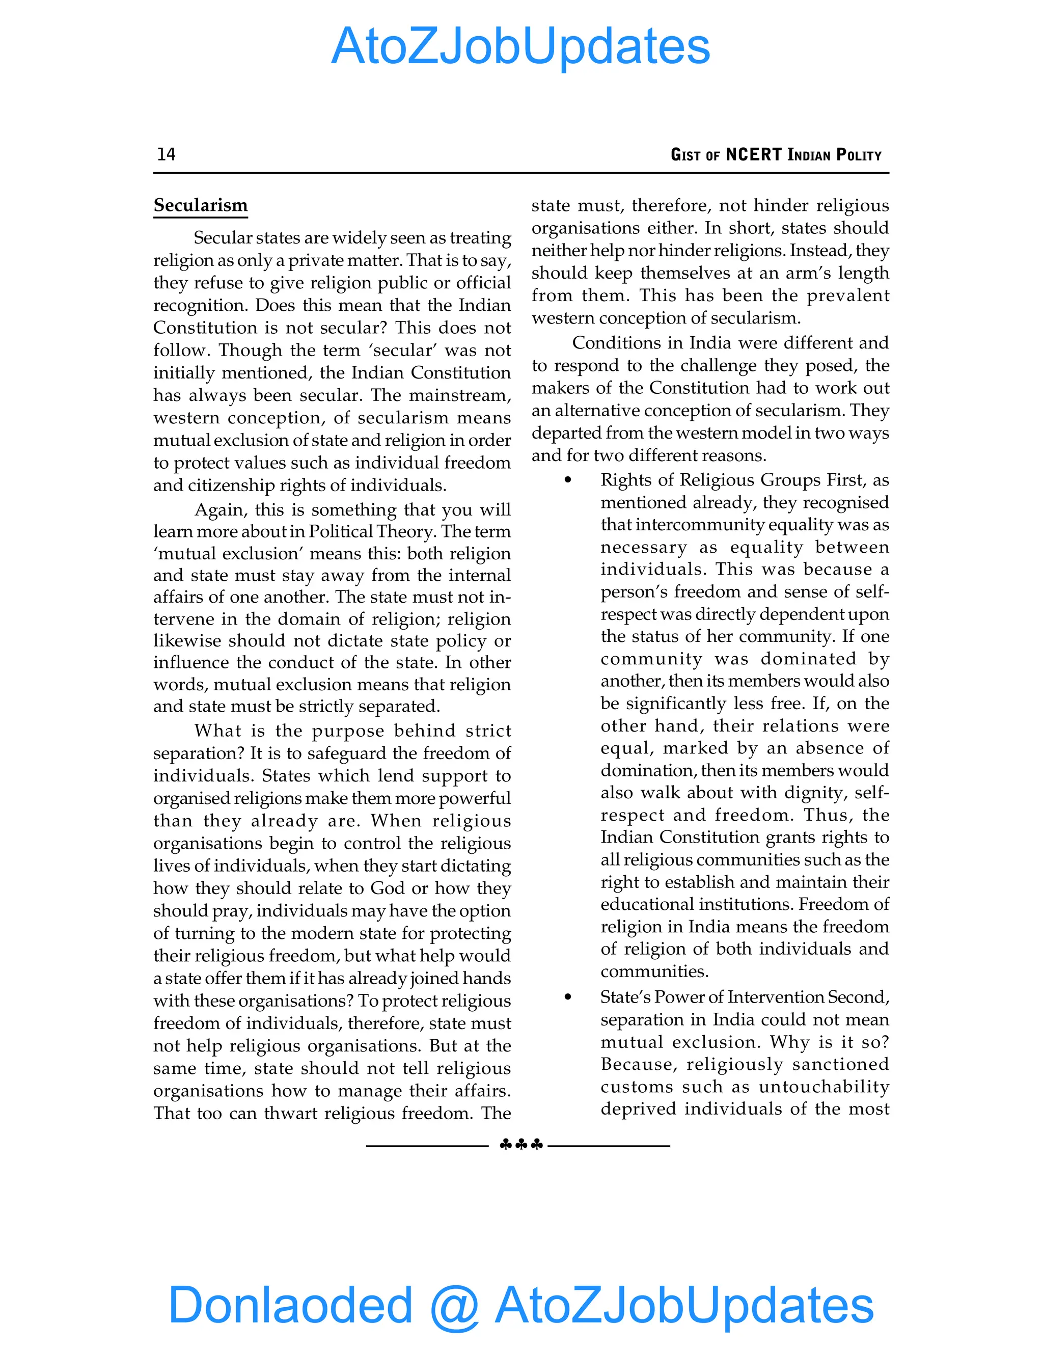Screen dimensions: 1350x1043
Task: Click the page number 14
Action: coord(166,154)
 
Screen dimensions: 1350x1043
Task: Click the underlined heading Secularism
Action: coord(200,205)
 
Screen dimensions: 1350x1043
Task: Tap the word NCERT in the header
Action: coord(754,154)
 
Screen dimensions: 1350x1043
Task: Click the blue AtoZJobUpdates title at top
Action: coord(520,46)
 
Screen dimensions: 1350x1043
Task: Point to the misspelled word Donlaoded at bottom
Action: coord(290,1304)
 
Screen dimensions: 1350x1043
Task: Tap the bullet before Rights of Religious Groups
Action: coord(567,480)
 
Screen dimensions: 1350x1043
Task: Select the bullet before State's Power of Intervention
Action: coord(567,997)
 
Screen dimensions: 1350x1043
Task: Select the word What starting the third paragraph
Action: coord(217,731)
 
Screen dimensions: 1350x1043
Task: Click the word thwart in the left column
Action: coord(291,1113)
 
